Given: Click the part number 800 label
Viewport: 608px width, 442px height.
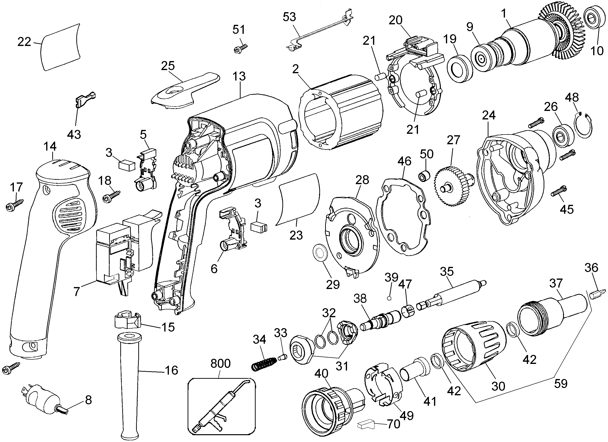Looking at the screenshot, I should click(x=220, y=363).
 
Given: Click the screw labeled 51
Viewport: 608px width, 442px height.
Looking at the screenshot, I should click(x=240, y=49).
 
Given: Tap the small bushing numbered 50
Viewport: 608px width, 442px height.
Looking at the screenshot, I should click(x=424, y=176).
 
